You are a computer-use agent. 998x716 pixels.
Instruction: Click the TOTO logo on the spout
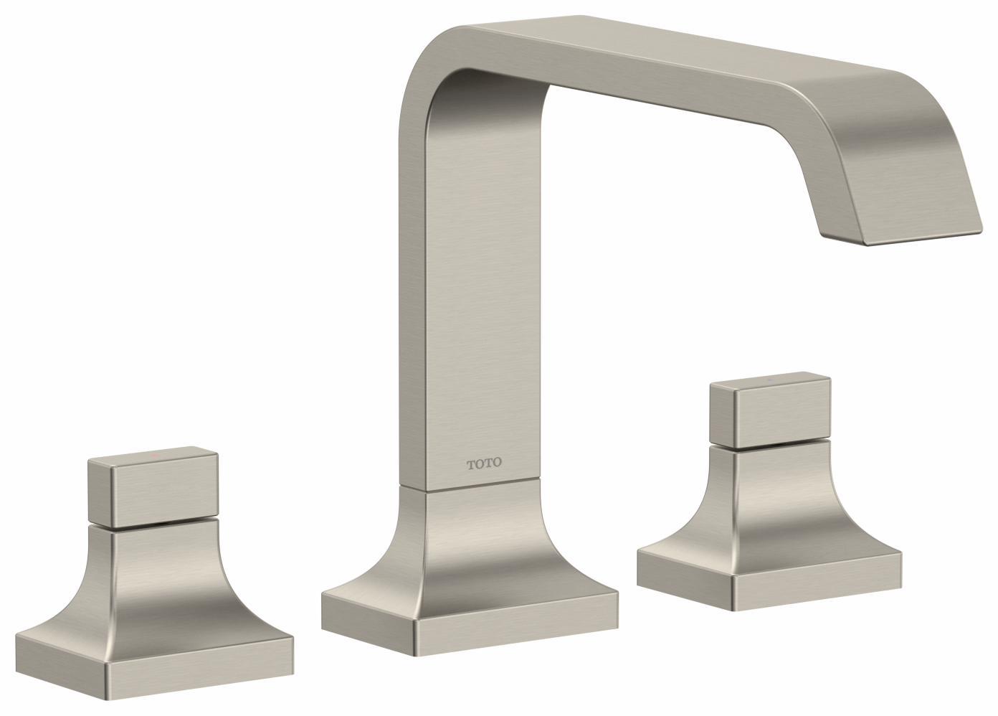click(x=485, y=463)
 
